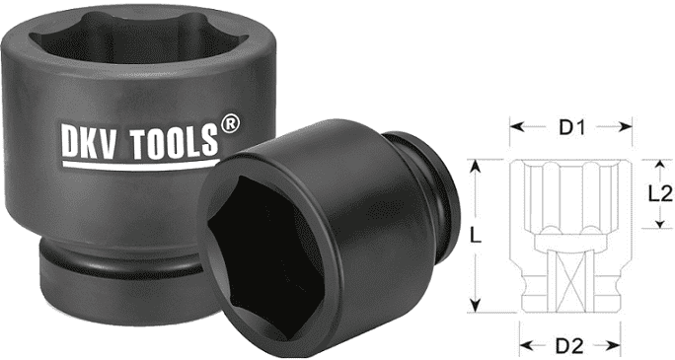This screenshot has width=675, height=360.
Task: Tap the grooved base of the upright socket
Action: point(109,271)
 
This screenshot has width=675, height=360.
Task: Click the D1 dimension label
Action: point(571,127)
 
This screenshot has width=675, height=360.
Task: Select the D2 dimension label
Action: point(571,345)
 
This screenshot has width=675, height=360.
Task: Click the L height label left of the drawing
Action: point(478,236)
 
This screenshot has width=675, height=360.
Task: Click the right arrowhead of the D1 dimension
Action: point(630,127)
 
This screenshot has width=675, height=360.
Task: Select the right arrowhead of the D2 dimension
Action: point(618,345)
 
